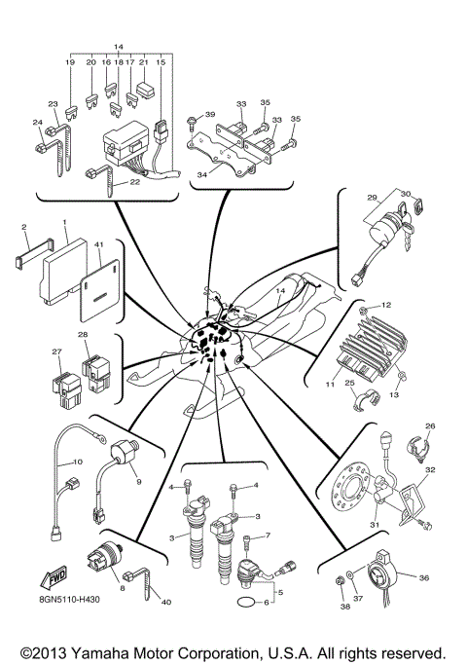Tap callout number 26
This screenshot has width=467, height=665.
431,425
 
